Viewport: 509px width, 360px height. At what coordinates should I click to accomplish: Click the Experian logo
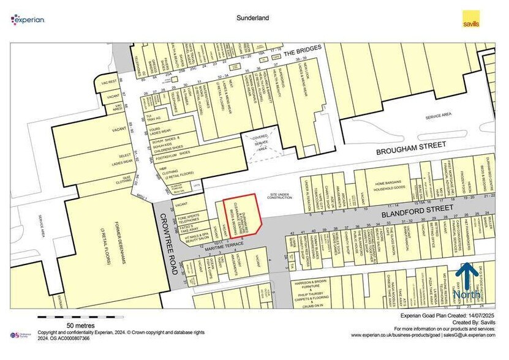click(28, 20)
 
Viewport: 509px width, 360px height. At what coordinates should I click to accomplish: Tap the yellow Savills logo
click(470, 19)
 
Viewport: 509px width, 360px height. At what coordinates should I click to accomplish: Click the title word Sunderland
click(254, 18)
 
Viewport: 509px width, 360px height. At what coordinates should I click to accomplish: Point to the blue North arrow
click(467, 279)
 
